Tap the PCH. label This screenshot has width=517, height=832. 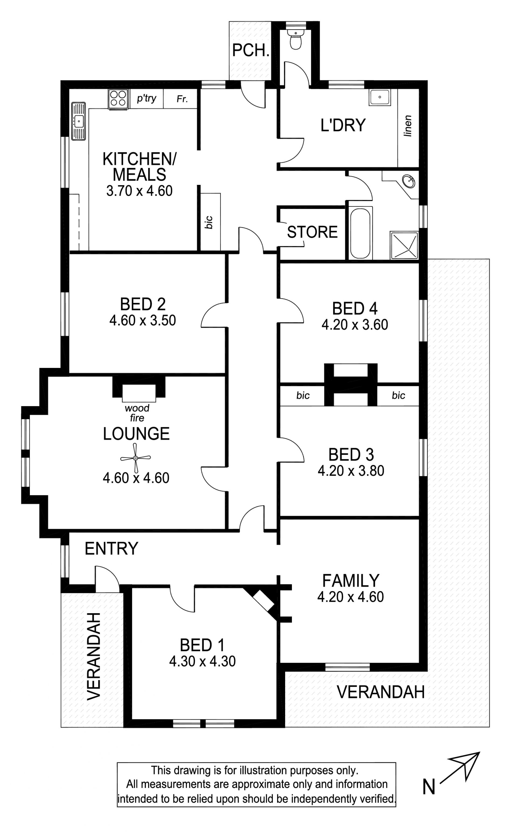click(250, 51)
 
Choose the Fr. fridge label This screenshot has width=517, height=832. click(182, 99)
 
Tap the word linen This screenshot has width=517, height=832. click(408, 126)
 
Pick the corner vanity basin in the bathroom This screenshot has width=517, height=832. click(408, 181)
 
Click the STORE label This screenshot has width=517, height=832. click(312, 232)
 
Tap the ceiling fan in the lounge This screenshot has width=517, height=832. click(135, 458)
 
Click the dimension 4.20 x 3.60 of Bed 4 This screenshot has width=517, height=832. click(355, 324)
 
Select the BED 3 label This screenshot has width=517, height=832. click(351, 455)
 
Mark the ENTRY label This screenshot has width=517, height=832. click(111, 549)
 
